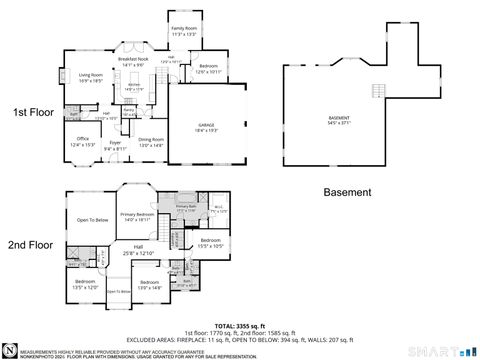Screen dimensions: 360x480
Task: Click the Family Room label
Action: [x=184, y=31]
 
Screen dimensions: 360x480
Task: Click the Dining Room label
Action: [x=151, y=142]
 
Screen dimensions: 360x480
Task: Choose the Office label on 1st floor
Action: [x=83, y=141]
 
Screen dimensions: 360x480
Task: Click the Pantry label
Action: [x=129, y=110]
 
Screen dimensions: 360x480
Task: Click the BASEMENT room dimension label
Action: [x=339, y=122]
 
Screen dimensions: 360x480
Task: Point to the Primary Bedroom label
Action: [x=137, y=216]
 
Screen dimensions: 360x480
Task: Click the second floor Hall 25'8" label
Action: [x=138, y=249]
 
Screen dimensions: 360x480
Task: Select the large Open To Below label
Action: [x=91, y=219]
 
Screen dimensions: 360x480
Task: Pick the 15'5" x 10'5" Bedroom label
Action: [x=211, y=243]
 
